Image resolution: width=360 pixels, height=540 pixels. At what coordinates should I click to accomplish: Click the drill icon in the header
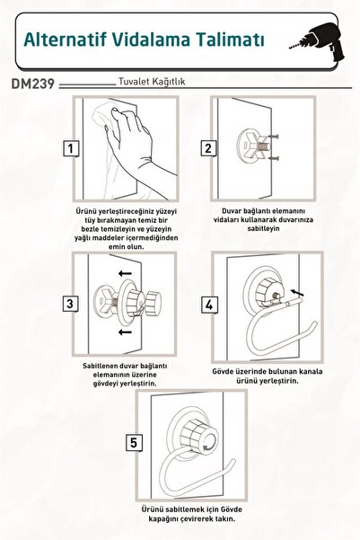click(x=317, y=43)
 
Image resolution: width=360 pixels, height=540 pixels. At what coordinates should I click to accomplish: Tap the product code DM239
click(x=33, y=84)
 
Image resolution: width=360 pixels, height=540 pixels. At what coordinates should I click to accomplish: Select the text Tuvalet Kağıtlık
click(x=152, y=82)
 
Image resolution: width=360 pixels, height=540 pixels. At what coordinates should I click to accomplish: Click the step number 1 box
click(x=71, y=149)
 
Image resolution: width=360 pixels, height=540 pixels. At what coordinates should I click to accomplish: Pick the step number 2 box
click(x=208, y=148)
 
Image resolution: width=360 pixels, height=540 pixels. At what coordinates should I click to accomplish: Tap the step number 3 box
click(x=70, y=304)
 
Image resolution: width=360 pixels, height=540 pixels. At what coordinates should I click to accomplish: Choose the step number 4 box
click(x=209, y=305)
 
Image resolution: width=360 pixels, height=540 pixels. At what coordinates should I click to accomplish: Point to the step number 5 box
click(x=134, y=443)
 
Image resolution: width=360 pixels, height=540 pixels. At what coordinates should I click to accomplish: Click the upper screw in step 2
click(x=273, y=137)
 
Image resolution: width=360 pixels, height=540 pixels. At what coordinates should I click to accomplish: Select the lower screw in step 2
click(x=273, y=158)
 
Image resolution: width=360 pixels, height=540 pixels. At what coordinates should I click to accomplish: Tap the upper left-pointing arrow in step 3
click(x=125, y=274)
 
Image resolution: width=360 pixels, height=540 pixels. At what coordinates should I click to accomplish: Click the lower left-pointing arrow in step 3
click(x=125, y=332)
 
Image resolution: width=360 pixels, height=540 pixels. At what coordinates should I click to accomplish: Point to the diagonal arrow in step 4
click(x=297, y=293)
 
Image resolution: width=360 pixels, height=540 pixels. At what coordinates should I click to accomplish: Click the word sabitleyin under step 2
click(x=263, y=228)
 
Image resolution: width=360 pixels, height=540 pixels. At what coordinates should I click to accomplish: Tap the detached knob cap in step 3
click(x=153, y=304)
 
